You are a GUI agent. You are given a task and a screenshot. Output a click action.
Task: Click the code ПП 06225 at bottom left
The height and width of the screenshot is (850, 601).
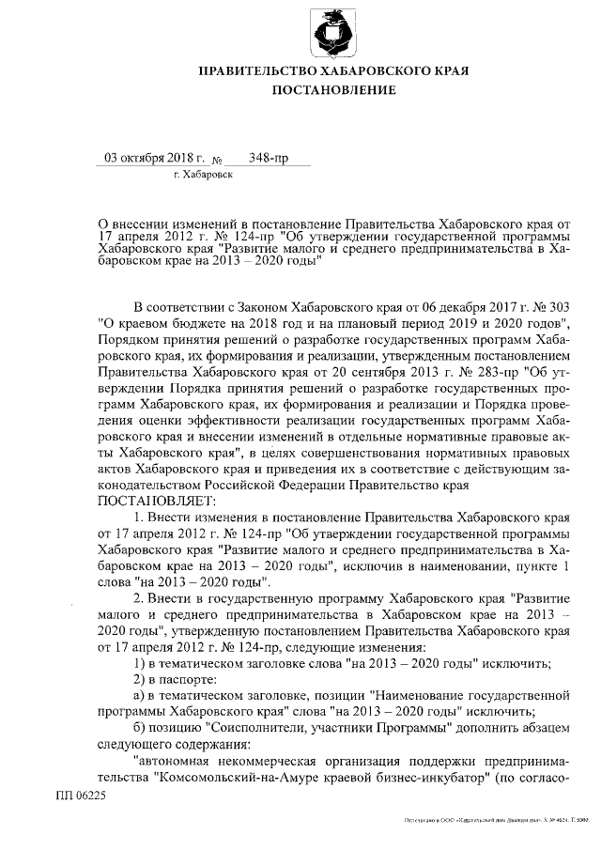coord(82,793)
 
